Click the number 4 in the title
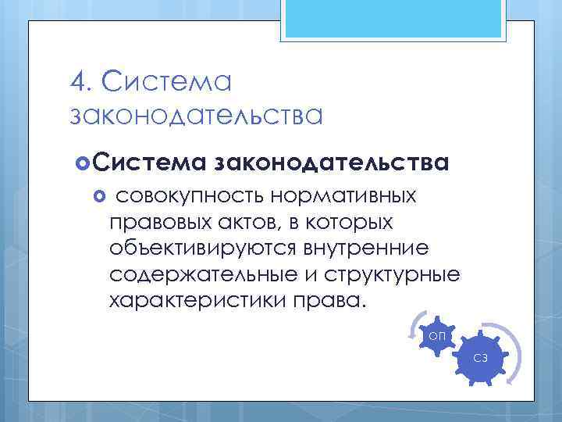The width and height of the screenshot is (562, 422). (76, 80)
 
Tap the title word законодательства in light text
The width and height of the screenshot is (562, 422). (196, 116)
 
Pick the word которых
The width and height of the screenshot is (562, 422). (351, 223)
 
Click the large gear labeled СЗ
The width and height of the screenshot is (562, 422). (481, 359)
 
